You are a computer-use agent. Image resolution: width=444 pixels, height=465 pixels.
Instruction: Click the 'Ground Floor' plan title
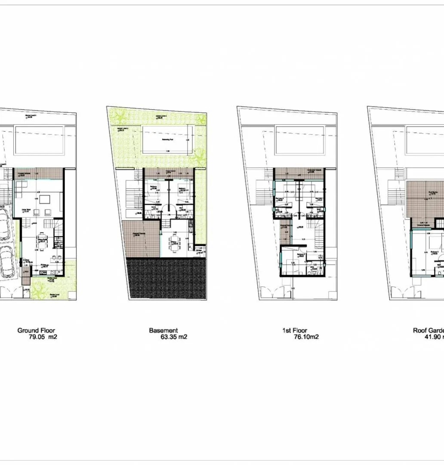pos(36,330)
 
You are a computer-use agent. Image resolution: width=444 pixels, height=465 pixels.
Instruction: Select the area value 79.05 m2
pos(43,337)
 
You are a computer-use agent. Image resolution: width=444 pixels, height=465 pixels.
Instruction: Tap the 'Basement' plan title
pos(163,330)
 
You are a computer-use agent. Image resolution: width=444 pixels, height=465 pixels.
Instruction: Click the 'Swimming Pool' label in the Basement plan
pos(168,139)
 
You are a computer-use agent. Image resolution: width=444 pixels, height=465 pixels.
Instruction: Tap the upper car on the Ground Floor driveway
pos(4,224)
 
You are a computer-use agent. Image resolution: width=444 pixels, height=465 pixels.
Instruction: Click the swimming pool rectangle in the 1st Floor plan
pos(299,140)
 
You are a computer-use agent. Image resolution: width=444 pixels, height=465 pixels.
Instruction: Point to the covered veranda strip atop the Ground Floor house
pos(38,174)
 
